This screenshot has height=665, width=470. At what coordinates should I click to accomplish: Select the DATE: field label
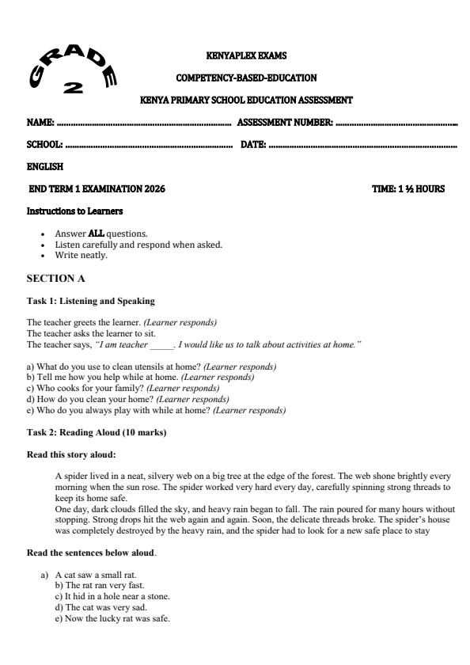[252, 146]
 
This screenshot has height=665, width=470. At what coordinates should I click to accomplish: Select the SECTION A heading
[55, 279]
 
